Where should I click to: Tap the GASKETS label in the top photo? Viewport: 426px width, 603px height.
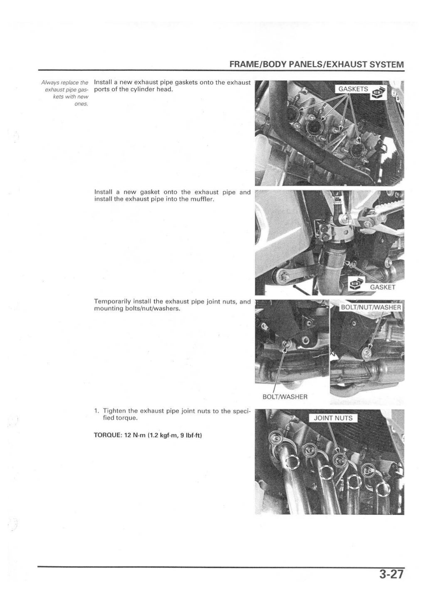tap(353, 89)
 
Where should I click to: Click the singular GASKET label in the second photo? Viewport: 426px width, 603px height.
tap(382, 287)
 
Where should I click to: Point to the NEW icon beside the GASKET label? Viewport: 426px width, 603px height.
tap(355, 284)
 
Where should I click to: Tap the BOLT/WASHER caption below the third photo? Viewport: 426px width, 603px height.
tap(285, 396)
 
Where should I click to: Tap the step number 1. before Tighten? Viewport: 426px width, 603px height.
tap(97, 411)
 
